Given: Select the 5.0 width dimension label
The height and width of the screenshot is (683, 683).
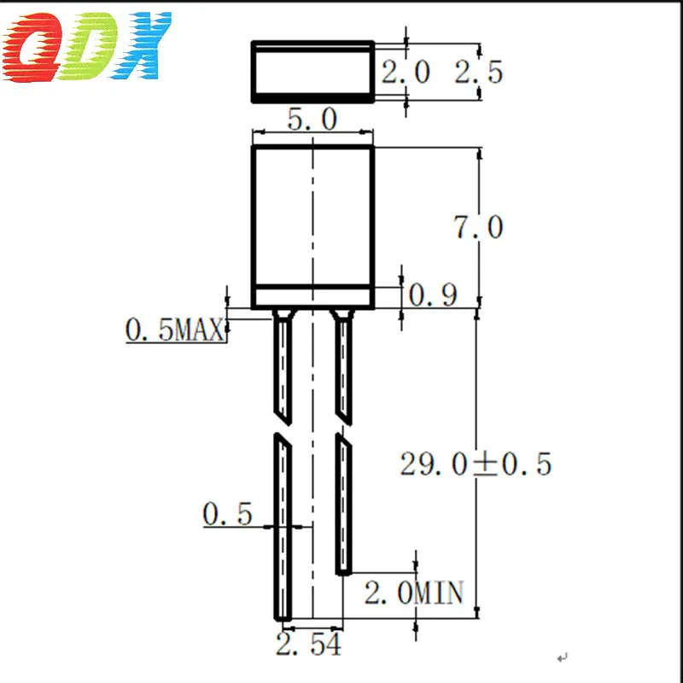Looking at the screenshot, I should (312, 120).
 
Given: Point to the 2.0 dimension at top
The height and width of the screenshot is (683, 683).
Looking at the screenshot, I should (406, 72).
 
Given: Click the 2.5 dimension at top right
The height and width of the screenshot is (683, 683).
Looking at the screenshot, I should (478, 72).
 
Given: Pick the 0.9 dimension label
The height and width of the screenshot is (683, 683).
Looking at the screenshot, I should (433, 295).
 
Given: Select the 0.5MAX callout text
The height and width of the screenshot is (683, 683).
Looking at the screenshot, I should (175, 329).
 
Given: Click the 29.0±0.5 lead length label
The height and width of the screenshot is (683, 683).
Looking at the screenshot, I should (476, 464).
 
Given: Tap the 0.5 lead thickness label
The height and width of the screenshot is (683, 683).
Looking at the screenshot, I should (227, 515).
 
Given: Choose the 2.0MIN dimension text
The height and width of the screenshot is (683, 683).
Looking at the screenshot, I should (414, 592).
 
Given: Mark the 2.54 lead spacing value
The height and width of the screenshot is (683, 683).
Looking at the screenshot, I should (310, 645).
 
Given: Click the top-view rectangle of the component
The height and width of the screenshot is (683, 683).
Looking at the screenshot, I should (312, 72).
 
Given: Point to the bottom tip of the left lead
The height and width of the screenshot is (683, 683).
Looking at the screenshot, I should (283, 616).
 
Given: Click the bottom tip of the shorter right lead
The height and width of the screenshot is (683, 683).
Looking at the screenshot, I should (342, 571).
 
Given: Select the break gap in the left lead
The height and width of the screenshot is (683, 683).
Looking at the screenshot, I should (283, 427).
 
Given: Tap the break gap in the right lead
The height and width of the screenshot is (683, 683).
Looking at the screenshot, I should (342, 427).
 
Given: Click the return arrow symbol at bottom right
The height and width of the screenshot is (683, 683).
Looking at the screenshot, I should (561, 657).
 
